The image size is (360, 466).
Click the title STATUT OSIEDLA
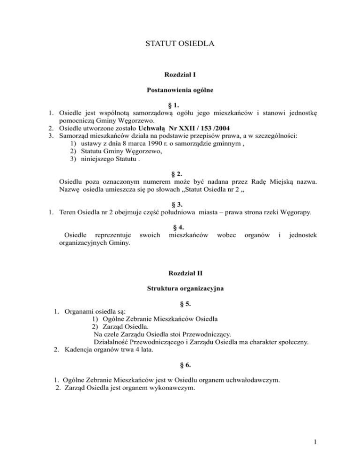[x=180, y=45]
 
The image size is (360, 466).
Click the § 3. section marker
[x=180, y=204]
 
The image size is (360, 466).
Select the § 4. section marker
[x=180, y=227]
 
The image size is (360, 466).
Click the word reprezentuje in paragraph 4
[x=112, y=235]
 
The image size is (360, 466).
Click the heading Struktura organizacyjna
[x=180, y=290]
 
